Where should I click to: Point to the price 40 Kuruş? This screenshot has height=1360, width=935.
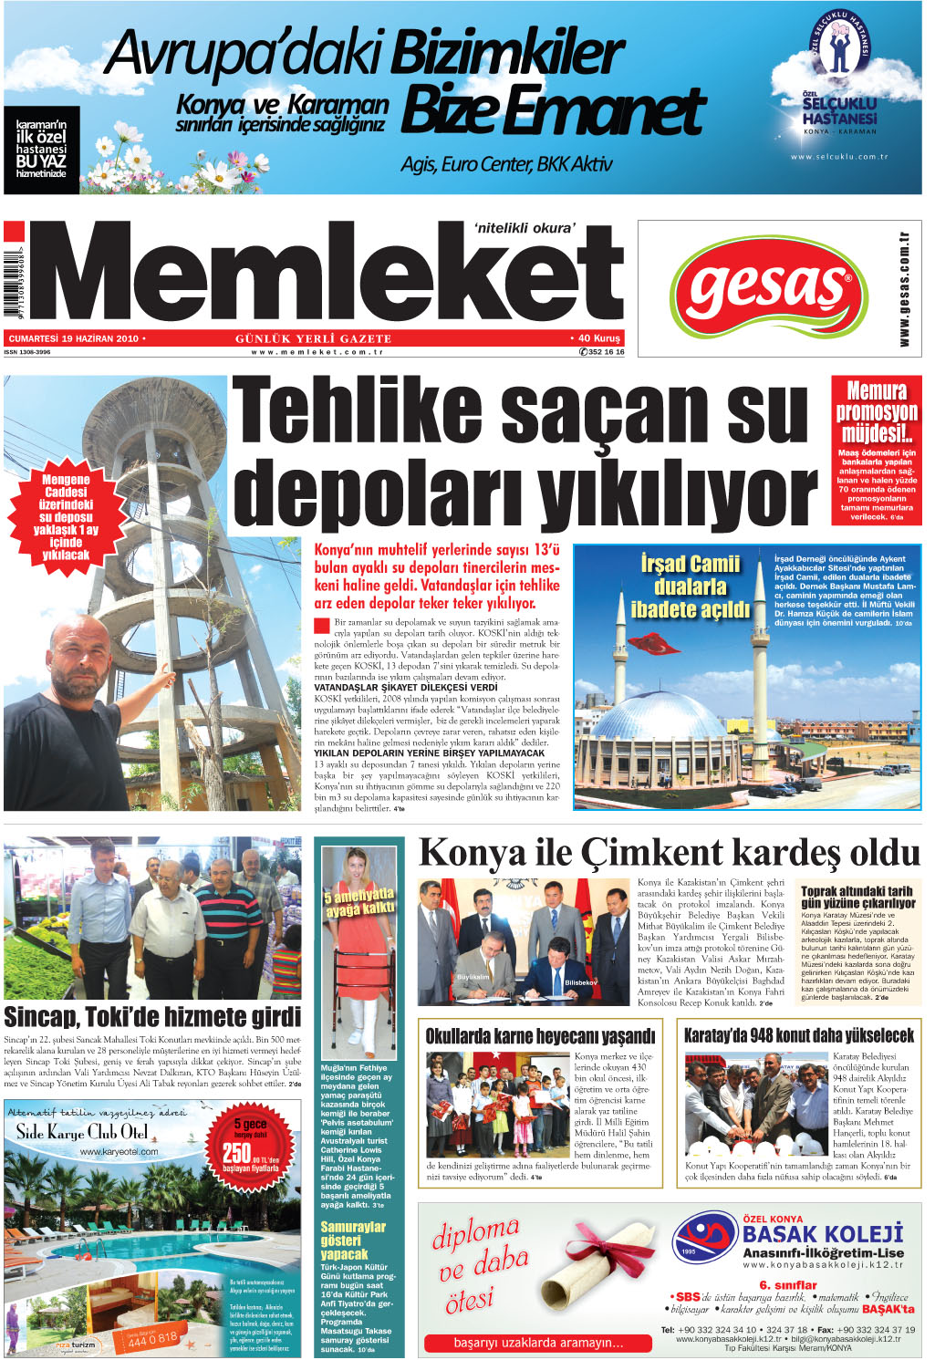597,338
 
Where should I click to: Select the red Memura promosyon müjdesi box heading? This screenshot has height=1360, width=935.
876,411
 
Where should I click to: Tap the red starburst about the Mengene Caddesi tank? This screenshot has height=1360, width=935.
66,516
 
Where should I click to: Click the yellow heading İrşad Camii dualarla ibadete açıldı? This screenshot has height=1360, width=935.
690,587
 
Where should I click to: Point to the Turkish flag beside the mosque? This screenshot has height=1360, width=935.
655,643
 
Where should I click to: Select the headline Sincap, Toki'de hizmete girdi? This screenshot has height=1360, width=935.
152,1017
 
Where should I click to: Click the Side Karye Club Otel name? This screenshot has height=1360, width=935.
82,1133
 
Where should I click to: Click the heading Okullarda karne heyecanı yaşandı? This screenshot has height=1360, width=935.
540,1035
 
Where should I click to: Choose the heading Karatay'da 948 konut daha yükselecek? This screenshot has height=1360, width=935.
799,1035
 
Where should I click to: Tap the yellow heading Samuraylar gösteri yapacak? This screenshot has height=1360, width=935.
352,1241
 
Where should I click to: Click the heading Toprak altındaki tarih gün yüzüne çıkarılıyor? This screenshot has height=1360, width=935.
857,897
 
